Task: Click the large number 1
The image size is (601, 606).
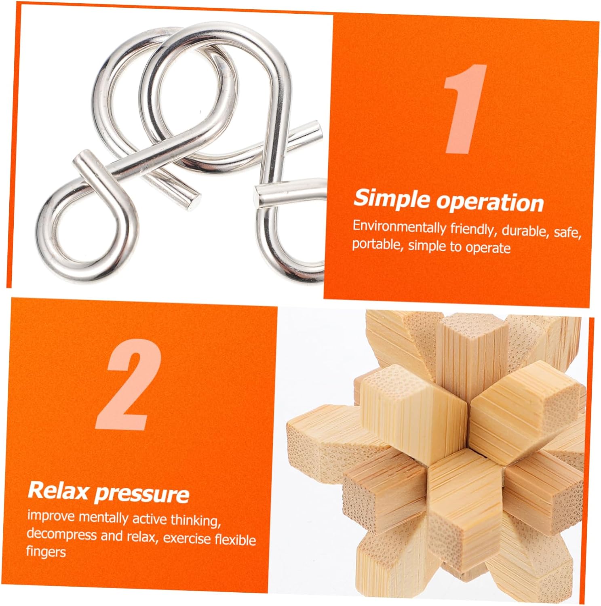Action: [x=465, y=109]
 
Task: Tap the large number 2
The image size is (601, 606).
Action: [x=129, y=384]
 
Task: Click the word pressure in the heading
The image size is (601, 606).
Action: [x=142, y=494]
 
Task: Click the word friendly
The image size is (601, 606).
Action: [x=472, y=229]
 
